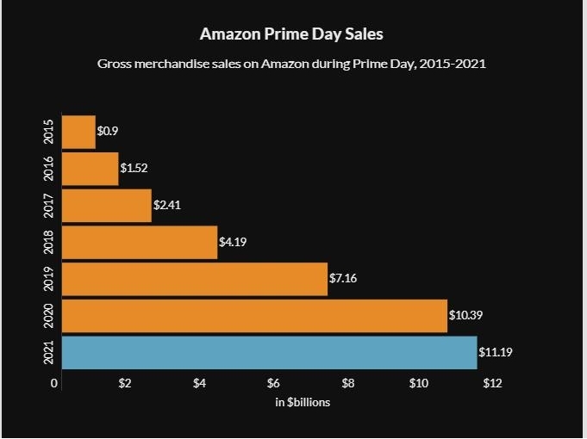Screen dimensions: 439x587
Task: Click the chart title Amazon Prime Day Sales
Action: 291,34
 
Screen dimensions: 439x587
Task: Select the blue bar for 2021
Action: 269,352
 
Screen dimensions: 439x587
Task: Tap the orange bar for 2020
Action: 254,316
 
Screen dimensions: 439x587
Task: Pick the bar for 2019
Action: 195,279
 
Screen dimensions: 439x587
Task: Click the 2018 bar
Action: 140,242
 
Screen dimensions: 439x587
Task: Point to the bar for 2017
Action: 107,206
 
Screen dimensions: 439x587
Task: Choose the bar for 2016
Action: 91,169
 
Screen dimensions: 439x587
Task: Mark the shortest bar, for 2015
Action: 79,132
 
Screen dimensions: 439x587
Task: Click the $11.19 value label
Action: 496,352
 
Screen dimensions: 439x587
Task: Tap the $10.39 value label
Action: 466,316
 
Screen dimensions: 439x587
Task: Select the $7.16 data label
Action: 344,279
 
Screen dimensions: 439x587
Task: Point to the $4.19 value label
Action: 234,242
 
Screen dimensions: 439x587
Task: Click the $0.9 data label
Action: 108,132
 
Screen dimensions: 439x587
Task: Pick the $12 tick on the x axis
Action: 492,383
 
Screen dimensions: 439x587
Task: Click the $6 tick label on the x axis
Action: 274,383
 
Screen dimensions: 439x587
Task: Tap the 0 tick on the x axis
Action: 54,383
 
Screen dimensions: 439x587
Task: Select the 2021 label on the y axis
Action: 48,352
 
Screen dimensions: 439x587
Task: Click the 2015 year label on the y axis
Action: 48,132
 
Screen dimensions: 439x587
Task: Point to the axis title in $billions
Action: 303,402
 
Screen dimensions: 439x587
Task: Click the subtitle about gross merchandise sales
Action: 292,64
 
